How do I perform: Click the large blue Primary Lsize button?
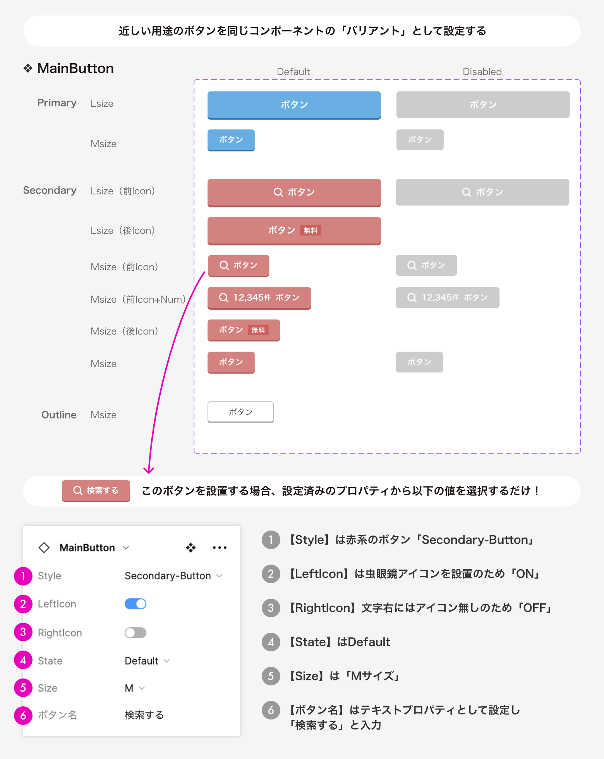tap(294, 105)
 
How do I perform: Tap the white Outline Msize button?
tap(240, 412)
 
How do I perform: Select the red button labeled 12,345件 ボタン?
tap(259, 298)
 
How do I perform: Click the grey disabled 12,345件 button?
tap(447, 298)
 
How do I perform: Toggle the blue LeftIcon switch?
tap(136, 604)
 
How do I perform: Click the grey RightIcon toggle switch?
tap(136, 633)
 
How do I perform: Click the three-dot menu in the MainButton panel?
tap(220, 548)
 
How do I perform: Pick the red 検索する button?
tap(96, 491)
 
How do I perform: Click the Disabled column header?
tap(482, 72)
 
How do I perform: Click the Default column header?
tap(293, 72)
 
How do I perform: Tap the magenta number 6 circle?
tap(23, 715)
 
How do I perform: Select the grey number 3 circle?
tap(271, 608)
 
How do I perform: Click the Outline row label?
tap(59, 415)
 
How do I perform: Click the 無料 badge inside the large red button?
tap(311, 231)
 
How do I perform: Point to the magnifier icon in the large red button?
tap(278, 192)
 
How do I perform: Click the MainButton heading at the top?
tap(75, 69)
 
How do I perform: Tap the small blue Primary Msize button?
tap(231, 140)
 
